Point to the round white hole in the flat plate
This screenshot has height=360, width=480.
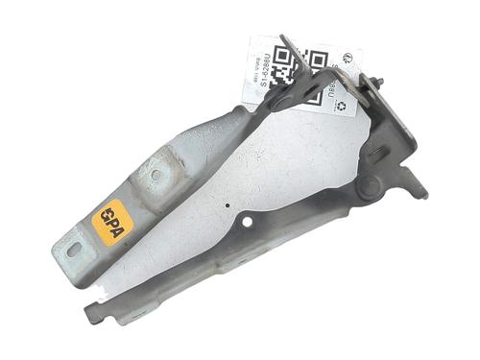pyautogui.click(x=248, y=222)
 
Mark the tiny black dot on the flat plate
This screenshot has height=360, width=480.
pyautogui.click(x=224, y=204)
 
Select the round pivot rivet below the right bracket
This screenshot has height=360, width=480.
pyautogui.click(x=368, y=190)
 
